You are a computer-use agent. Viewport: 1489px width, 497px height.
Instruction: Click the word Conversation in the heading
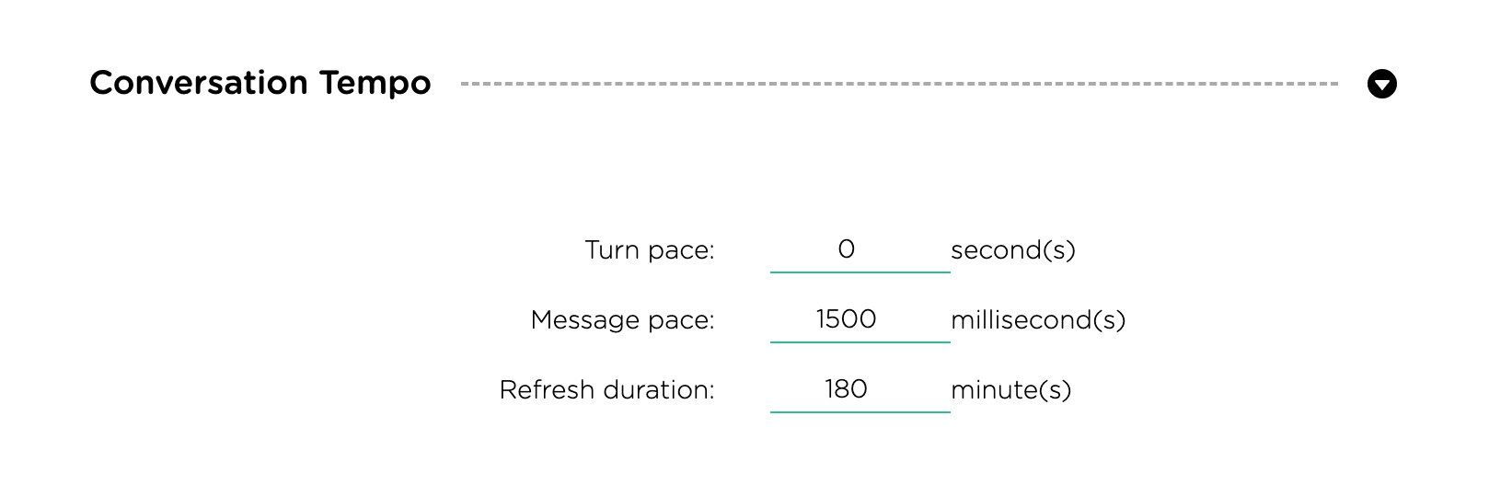(199, 83)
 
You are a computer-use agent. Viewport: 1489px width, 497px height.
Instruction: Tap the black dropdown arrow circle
(1382, 84)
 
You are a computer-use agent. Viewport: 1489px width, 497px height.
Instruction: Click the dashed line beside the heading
(899, 84)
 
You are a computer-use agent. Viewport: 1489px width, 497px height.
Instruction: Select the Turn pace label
(650, 249)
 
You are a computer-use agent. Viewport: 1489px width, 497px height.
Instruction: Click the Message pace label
(622, 319)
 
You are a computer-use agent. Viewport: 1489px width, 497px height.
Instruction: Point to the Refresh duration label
(606, 389)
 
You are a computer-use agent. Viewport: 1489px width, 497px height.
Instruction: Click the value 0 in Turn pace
(847, 249)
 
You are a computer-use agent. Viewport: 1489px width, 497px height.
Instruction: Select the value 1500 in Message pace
(847, 319)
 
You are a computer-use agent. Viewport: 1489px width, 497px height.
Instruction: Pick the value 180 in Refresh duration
(847, 388)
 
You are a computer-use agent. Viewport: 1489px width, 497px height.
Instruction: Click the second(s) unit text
(1013, 249)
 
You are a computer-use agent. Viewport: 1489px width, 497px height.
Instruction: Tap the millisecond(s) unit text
(1038, 319)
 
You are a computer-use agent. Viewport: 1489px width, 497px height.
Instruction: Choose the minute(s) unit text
(1011, 389)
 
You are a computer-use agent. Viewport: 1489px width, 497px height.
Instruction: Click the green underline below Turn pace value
(860, 272)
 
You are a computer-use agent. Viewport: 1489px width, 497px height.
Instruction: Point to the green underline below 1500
(860, 342)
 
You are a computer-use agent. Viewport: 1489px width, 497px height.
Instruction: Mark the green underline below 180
(860, 412)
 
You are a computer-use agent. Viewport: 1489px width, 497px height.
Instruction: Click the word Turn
(612, 249)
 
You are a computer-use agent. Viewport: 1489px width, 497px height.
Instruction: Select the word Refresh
(547, 389)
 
